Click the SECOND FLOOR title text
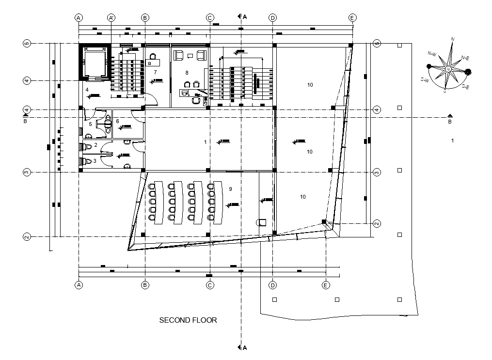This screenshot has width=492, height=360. click(188, 320)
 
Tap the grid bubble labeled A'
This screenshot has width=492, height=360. click(111, 17)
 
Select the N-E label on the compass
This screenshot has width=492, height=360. click(465, 58)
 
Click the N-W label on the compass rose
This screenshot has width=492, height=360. click(432, 53)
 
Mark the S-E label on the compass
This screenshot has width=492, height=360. click(464, 86)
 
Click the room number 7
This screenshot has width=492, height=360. click(155, 72)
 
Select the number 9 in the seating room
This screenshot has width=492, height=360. click(231, 188)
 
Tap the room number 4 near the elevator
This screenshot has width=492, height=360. click(87, 90)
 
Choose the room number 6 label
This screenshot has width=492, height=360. click(117, 121)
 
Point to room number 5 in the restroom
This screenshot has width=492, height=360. click(90, 124)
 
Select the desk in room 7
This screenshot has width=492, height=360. click(153, 63)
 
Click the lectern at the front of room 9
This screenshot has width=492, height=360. click(262, 222)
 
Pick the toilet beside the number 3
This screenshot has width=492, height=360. click(88, 161)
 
